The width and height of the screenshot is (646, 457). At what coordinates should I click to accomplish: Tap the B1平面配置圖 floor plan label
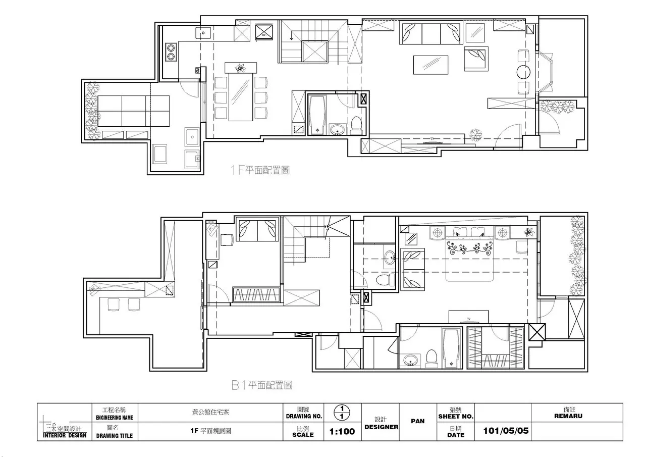(262, 385)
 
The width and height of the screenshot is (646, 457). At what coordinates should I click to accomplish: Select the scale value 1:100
(342, 432)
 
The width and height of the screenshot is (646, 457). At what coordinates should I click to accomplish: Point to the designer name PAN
(417, 421)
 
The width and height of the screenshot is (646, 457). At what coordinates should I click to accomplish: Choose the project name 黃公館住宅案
(207, 412)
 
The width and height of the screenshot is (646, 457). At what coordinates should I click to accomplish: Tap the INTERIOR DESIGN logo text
(64, 435)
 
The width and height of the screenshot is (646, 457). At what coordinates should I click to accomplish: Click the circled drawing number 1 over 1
(342, 412)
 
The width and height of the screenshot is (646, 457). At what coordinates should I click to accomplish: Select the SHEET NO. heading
(455, 417)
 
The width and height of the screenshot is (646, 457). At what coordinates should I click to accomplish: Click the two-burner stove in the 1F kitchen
(171, 52)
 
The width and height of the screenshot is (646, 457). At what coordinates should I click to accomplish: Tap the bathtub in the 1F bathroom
(316, 115)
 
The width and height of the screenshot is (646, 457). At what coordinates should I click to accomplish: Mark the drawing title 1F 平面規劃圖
(210, 431)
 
